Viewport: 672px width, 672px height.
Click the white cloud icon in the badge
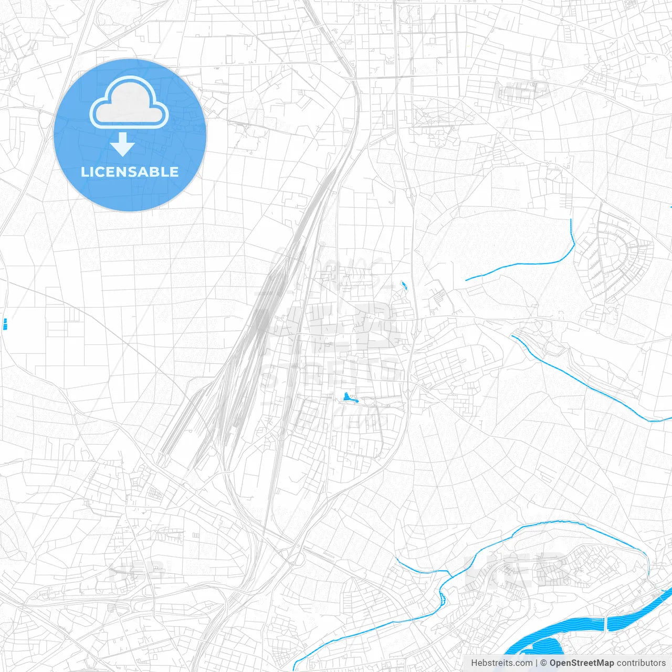click(129, 102)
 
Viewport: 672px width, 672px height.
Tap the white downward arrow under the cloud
click(122, 144)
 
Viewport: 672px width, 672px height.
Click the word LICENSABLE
click(130, 172)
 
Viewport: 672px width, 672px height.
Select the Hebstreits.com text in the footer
click(501, 663)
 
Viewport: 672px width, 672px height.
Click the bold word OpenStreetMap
click(581, 663)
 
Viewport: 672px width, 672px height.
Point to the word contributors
click(641, 663)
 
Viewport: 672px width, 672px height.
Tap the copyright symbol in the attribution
click(543, 663)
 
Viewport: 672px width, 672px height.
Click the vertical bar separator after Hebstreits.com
click(537, 663)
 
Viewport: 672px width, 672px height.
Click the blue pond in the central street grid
click(347, 397)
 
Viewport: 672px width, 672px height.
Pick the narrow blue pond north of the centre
click(404, 286)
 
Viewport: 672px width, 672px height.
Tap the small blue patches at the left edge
click(5, 324)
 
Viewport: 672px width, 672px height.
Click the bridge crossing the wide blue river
click(606, 623)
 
